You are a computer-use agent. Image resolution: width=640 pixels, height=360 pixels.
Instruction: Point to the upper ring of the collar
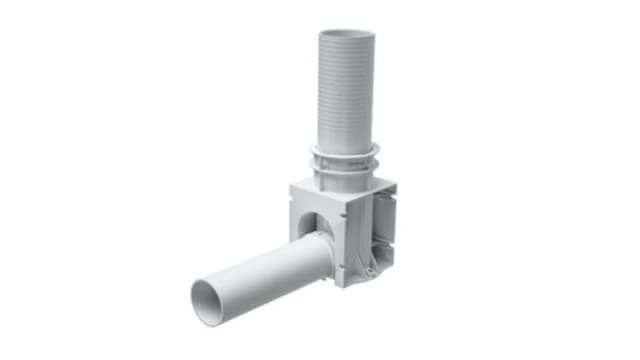point(345,153)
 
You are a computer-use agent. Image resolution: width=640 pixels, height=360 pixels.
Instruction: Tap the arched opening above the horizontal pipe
point(318,225)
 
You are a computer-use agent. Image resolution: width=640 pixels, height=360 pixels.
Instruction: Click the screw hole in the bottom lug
point(371,271)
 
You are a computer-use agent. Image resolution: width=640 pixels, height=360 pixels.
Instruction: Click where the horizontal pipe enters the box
point(325,255)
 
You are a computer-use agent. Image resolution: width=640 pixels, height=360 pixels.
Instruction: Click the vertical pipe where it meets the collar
point(345,145)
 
